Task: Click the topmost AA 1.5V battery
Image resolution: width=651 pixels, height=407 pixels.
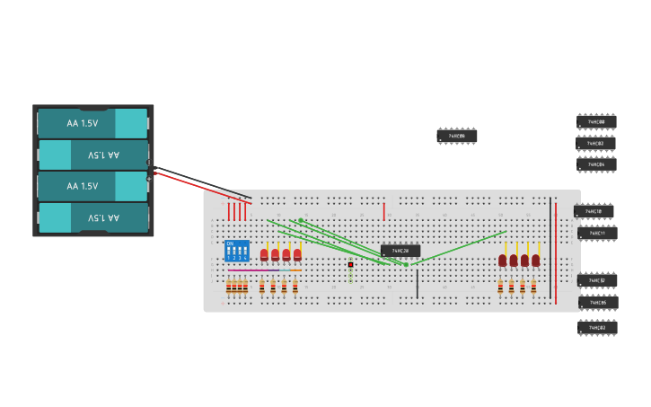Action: (92, 123)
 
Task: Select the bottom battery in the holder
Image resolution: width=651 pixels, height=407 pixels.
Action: (92, 217)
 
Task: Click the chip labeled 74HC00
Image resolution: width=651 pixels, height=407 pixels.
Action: (596, 121)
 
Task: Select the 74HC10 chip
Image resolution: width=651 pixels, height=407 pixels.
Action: (594, 211)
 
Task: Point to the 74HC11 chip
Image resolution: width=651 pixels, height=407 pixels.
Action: (597, 234)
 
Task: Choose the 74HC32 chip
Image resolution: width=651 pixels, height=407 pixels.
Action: (597, 280)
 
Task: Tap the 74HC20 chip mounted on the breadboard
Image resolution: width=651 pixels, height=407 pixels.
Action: (400, 251)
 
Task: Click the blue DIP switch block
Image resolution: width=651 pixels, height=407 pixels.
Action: (237, 251)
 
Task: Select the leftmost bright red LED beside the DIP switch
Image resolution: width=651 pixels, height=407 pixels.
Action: (264, 255)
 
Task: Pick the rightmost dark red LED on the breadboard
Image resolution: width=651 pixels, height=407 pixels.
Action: (536, 261)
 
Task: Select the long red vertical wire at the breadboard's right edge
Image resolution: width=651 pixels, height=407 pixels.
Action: (556, 252)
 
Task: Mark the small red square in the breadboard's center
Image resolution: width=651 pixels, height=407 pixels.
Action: (350, 264)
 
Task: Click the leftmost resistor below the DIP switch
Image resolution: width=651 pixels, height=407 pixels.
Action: (229, 288)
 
